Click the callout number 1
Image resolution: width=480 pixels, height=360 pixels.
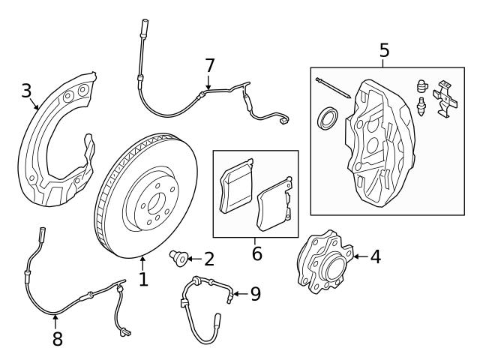click(142, 280)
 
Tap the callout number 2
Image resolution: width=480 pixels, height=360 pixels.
click(208, 259)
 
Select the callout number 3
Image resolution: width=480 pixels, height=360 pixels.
click(26, 91)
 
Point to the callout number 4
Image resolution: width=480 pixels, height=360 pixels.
click(375, 257)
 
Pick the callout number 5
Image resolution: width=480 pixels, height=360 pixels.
click(384, 51)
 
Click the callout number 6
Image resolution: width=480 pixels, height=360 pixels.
click(256, 254)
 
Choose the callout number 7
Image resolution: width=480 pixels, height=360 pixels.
click(209, 67)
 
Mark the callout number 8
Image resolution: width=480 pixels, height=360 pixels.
click(57, 339)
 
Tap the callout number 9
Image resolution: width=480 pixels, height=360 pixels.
click(255, 294)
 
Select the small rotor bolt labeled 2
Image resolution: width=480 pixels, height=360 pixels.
click(178, 259)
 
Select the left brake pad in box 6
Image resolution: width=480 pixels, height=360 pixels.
click(236, 187)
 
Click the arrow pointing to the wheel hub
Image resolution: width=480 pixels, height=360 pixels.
click(358, 257)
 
